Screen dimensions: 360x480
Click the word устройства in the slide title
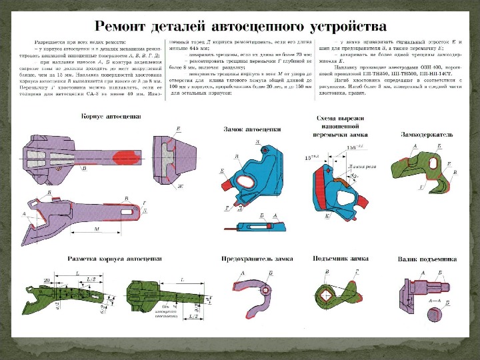tap(348, 27)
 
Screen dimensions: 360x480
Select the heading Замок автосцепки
tap(253, 129)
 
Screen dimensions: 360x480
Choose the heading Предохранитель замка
tap(253, 257)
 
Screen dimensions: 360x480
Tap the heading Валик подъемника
tap(427, 258)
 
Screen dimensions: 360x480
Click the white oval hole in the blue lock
tap(245, 182)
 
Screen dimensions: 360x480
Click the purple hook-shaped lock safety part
tap(250, 289)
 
